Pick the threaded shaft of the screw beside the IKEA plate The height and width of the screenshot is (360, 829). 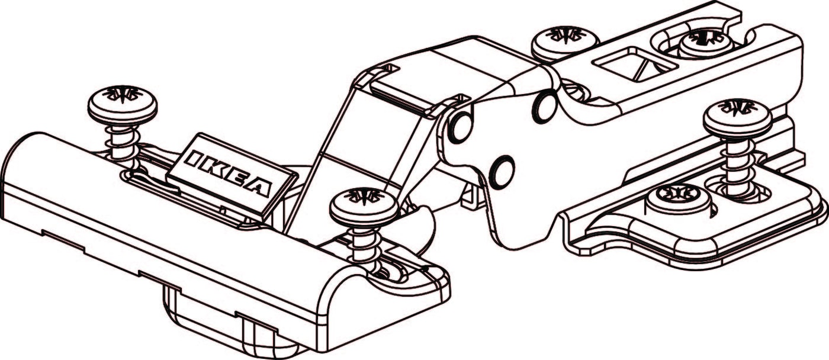coord(364,243)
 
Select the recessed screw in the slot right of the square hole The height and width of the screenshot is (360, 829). coord(705,42)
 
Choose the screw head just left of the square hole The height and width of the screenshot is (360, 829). coord(565,41)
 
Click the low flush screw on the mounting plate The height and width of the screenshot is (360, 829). coord(677,198)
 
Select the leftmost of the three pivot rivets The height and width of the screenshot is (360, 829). coord(461,127)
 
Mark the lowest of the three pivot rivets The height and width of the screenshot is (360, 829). coord(502,172)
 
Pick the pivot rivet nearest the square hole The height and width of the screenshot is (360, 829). coord(544,107)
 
